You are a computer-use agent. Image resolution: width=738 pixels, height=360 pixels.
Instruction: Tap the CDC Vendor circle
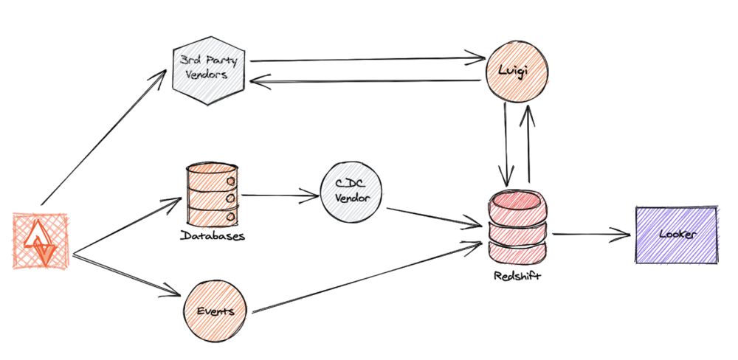351,194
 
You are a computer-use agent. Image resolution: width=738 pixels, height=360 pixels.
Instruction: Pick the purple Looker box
675,235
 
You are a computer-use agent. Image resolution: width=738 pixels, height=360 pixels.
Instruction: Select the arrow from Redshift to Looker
590,235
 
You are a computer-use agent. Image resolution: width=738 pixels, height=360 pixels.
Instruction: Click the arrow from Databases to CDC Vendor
280,196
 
